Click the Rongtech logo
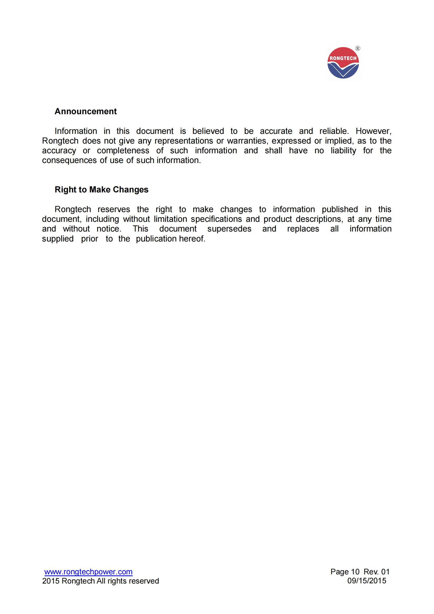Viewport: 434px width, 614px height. [x=343, y=63]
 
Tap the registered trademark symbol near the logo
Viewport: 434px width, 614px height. [x=358, y=48]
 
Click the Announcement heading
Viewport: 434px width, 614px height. [x=86, y=111]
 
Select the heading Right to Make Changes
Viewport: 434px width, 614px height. [x=101, y=189]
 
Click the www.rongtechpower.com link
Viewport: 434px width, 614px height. [x=88, y=572]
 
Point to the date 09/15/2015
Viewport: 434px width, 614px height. [x=367, y=581]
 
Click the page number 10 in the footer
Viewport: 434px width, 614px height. [x=355, y=572]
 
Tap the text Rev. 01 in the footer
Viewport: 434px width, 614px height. [x=377, y=572]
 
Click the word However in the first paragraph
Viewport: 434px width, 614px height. [x=373, y=131]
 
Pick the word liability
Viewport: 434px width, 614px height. [x=343, y=151]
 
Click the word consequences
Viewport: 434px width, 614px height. [x=69, y=160]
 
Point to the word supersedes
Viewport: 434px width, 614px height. [x=229, y=229]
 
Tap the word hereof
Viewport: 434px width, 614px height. [x=192, y=239]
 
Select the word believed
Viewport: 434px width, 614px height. [x=208, y=131]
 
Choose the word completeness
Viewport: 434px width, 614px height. [x=123, y=151]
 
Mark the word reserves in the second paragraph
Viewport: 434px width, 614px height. [x=114, y=209]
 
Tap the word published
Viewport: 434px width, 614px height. [x=339, y=209]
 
